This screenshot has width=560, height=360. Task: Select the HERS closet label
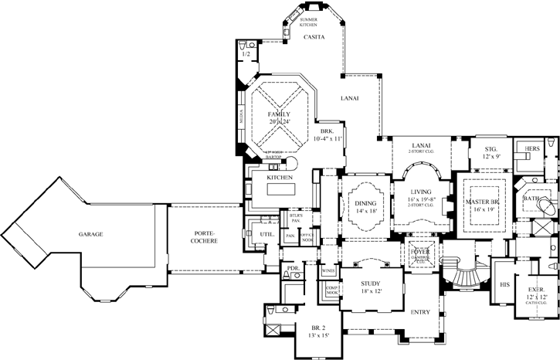[x=532, y=148]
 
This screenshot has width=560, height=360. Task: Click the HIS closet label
[x=506, y=284]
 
